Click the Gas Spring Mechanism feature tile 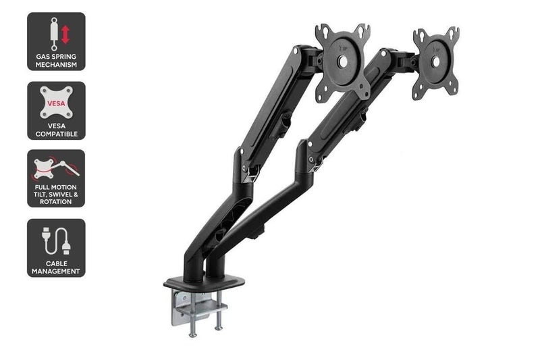coord(56,41)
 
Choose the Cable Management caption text coord(56,267)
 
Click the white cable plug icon coord(56,240)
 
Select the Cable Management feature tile coord(56,248)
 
